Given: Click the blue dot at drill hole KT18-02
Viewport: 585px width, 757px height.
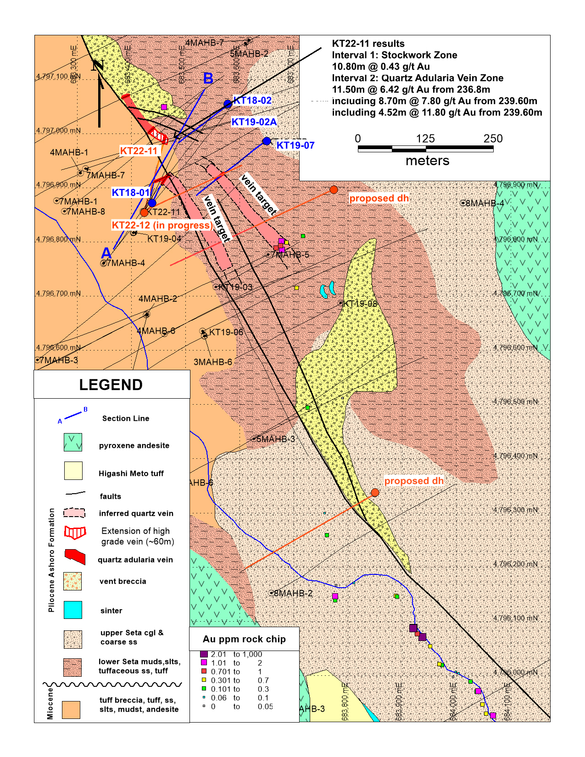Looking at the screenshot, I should [x=228, y=104].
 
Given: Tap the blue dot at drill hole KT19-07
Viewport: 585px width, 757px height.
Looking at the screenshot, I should [x=267, y=141].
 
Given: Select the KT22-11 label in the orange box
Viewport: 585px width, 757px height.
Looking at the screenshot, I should [x=139, y=150].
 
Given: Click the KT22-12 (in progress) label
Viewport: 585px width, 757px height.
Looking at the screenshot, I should [x=162, y=225].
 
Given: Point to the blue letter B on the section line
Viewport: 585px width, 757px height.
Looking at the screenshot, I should [x=208, y=78].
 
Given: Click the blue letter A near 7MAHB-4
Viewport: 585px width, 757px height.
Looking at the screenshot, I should [x=106, y=253].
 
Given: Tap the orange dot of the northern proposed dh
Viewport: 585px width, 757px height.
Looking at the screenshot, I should [x=334, y=189].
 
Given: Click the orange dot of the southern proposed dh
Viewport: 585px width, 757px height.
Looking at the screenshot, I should [x=375, y=492].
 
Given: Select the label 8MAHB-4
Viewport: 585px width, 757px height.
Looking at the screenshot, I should [x=485, y=203].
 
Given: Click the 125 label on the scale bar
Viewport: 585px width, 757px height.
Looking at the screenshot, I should [x=425, y=139].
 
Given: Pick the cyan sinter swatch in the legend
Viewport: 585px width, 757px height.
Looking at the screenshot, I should [x=73, y=610].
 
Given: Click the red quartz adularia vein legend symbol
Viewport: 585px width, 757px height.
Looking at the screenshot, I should [x=75, y=557].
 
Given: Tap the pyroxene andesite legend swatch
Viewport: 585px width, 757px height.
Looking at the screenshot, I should [x=73, y=443].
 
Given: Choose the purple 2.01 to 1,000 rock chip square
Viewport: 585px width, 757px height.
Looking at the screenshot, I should [x=204, y=654].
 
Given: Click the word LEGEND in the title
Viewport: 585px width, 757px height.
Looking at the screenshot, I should [x=111, y=384].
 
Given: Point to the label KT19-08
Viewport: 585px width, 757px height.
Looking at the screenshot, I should [x=360, y=304].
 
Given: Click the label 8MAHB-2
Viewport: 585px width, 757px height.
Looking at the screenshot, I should [x=293, y=593].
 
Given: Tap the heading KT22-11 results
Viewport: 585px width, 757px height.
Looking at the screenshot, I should [x=368, y=44].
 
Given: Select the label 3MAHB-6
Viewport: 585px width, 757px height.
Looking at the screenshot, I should [x=212, y=362].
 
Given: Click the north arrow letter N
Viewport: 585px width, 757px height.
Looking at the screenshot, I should [x=97, y=65].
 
